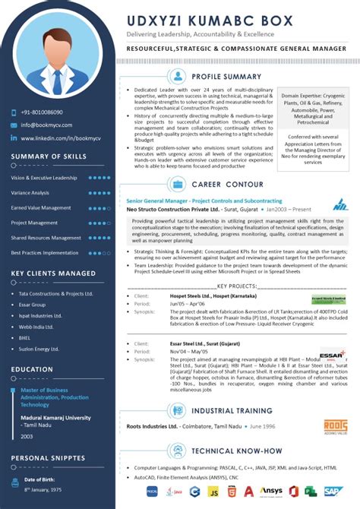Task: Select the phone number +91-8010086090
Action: click(42, 112)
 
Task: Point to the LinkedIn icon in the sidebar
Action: click(14, 138)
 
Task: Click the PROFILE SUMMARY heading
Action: click(227, 77)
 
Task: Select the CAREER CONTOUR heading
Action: click(227, 184)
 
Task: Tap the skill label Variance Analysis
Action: click(30, 193)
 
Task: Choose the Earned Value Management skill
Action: click(40, 207)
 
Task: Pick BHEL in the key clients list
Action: click(25, 337)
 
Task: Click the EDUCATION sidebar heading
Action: click(31, 369)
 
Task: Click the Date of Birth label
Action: click(41, 480)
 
